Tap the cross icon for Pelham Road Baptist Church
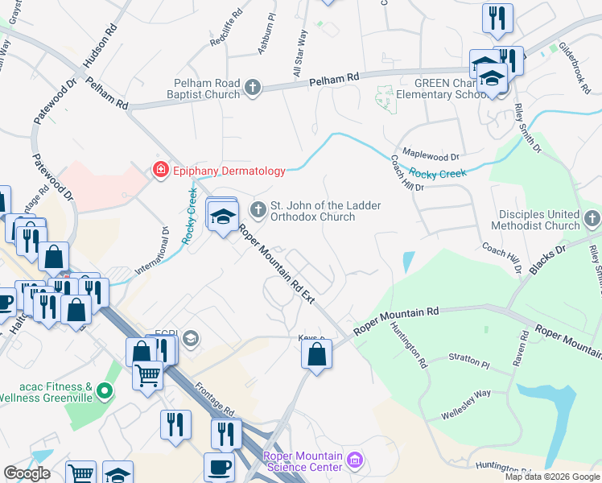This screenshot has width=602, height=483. click(253, 87)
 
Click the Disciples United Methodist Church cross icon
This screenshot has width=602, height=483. click(592, 219)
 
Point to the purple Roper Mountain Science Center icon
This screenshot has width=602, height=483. click(355, 462)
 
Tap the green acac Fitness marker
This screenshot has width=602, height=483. click(103, 392)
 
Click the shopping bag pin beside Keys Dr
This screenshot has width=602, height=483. click(317, 353)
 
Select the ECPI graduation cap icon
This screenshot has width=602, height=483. click(190, 338)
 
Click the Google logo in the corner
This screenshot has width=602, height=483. click(27, 473)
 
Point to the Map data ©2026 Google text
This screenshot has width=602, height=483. click(551, 477)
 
